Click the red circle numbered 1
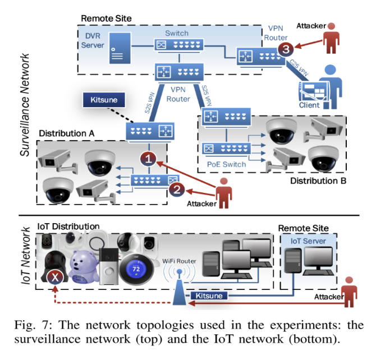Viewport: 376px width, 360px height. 147,159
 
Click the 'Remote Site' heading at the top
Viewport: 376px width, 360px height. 106,19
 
